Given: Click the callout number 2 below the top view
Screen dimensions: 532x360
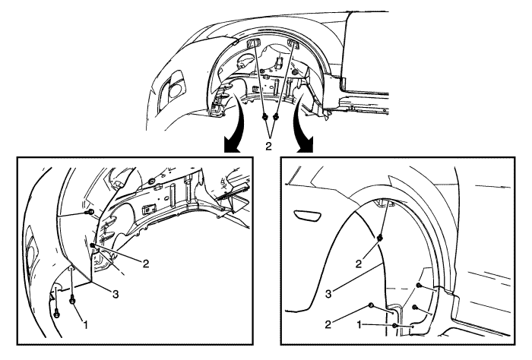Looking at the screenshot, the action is tap(268, 147).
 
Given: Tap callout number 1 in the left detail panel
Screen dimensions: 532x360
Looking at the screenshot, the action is tap(85, 325).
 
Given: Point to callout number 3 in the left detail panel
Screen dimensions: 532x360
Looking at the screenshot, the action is tap(116, 294).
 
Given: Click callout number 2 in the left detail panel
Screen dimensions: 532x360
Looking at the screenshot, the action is tap(146, 264).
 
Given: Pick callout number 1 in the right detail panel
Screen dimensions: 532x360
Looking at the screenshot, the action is tap(359, 325).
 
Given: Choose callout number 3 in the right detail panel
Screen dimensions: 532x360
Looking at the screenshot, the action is tap(328, 294).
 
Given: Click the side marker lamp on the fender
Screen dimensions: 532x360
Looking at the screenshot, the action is tap(307, 216).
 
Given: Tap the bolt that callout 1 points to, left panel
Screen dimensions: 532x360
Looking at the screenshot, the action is tap(72, 300).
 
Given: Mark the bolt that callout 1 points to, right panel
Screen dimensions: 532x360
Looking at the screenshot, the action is tap(394, 326).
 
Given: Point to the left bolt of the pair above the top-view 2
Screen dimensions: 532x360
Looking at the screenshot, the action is tap(264, 118).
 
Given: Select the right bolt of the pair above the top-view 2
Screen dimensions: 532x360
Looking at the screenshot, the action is tap(276, 118).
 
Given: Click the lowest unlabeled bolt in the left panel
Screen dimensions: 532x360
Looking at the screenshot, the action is tap(57, 314).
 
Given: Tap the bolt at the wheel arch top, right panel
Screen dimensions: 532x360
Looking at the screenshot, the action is tap(380, 238).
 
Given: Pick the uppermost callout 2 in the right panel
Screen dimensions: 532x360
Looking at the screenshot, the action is tap(359, 264).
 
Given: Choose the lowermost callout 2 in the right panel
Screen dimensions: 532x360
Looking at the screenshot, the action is tap(328, 324).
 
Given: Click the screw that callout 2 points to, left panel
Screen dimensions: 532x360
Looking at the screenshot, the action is tap(92, 245).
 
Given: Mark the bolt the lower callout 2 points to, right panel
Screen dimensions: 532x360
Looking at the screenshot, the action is tap(371, 305).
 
